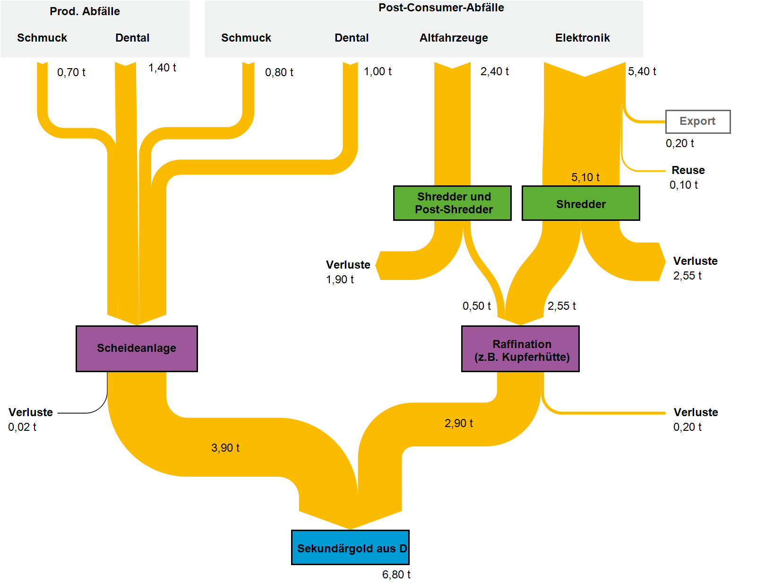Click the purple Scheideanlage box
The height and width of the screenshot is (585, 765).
[137, 349]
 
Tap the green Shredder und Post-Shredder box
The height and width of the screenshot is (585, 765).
[452, 203]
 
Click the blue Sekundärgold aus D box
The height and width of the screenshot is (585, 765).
[350, 548]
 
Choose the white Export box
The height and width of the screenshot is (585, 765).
[697, 122]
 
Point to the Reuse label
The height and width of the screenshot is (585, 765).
[688, 170]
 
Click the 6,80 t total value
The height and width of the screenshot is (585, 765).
[396, 575]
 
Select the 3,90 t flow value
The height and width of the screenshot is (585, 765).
[225, 448]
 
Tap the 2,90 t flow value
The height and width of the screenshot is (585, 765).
[458, 423]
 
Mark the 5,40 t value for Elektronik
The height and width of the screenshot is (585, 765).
[642, 71]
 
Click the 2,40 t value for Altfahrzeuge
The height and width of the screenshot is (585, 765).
[494, 71]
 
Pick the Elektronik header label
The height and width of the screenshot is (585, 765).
[582, 38]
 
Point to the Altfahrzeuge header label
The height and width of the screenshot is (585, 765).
[454, 38]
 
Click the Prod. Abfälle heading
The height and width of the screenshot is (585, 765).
[85, 11]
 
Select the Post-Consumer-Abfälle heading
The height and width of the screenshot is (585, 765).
[441, 8]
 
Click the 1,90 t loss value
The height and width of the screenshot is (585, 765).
[340, 279]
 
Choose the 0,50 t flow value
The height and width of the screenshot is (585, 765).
[476, 306]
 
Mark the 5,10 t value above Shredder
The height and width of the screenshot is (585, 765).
[585, 177]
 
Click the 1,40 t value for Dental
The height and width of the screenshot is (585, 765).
[162, 68]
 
